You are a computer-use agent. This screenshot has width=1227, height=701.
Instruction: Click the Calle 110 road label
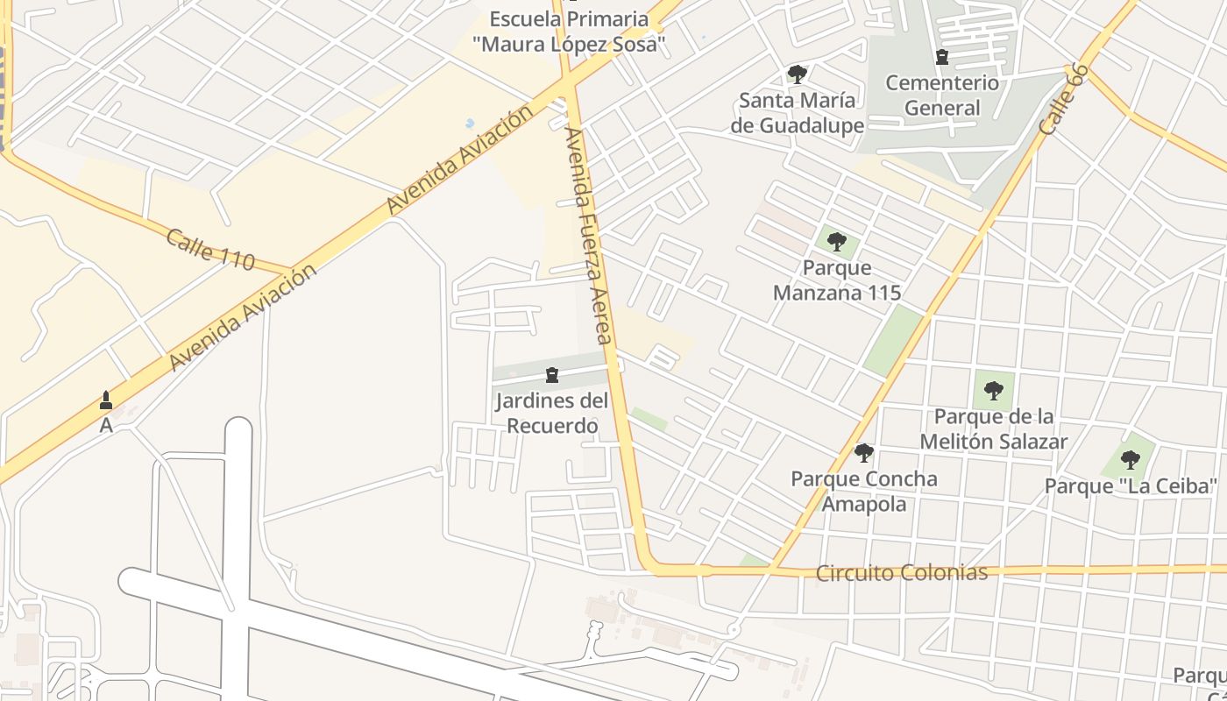210,250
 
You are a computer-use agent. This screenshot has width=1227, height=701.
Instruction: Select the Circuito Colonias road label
902,573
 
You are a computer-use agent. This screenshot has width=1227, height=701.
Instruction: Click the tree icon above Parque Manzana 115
837,242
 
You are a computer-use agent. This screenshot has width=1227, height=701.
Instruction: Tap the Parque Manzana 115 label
837,280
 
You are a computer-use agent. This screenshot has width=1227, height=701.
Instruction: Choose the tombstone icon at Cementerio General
942,58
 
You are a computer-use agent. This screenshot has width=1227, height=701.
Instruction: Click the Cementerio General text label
942,96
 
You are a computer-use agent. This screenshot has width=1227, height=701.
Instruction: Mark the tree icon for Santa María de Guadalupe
797,74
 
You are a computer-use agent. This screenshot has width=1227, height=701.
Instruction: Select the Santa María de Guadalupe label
798,112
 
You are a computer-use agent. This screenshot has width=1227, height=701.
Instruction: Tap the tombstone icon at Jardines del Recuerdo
552,376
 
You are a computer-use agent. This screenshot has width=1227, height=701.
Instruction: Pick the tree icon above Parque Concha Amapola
864,453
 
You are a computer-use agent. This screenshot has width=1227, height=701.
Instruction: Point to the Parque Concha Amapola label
864,491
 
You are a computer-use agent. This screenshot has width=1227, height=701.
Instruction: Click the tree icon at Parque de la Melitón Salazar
993,391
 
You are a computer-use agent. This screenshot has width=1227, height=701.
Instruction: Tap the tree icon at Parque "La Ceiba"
1131,459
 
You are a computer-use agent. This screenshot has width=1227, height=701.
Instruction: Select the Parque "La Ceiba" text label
1131,485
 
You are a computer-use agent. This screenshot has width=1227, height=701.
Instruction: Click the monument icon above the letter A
106,400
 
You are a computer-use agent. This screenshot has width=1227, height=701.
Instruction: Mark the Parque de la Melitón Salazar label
994,428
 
